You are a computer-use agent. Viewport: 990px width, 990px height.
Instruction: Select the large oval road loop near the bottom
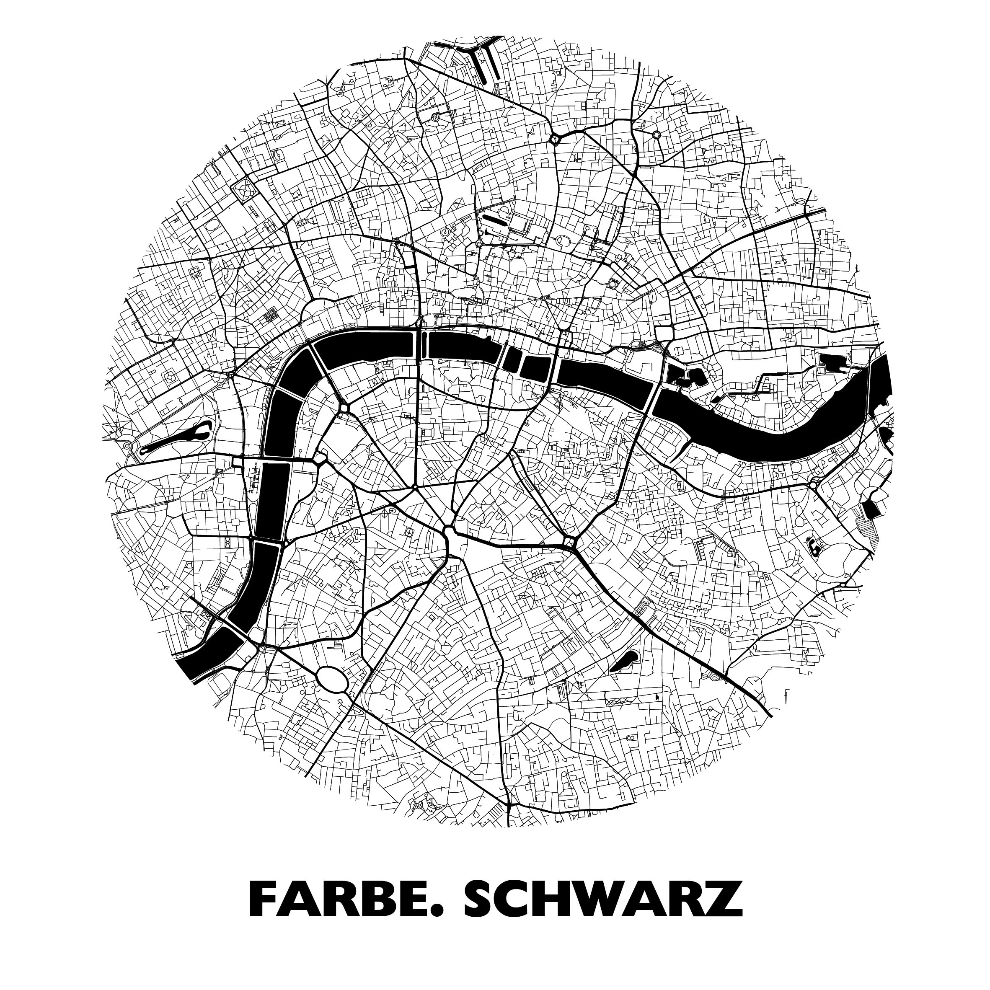click(x=333, y=678)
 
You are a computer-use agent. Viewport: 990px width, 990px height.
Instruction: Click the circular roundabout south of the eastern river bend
click(x=813, y=484)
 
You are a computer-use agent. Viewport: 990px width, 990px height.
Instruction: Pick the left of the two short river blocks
click(x=512, y=360)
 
